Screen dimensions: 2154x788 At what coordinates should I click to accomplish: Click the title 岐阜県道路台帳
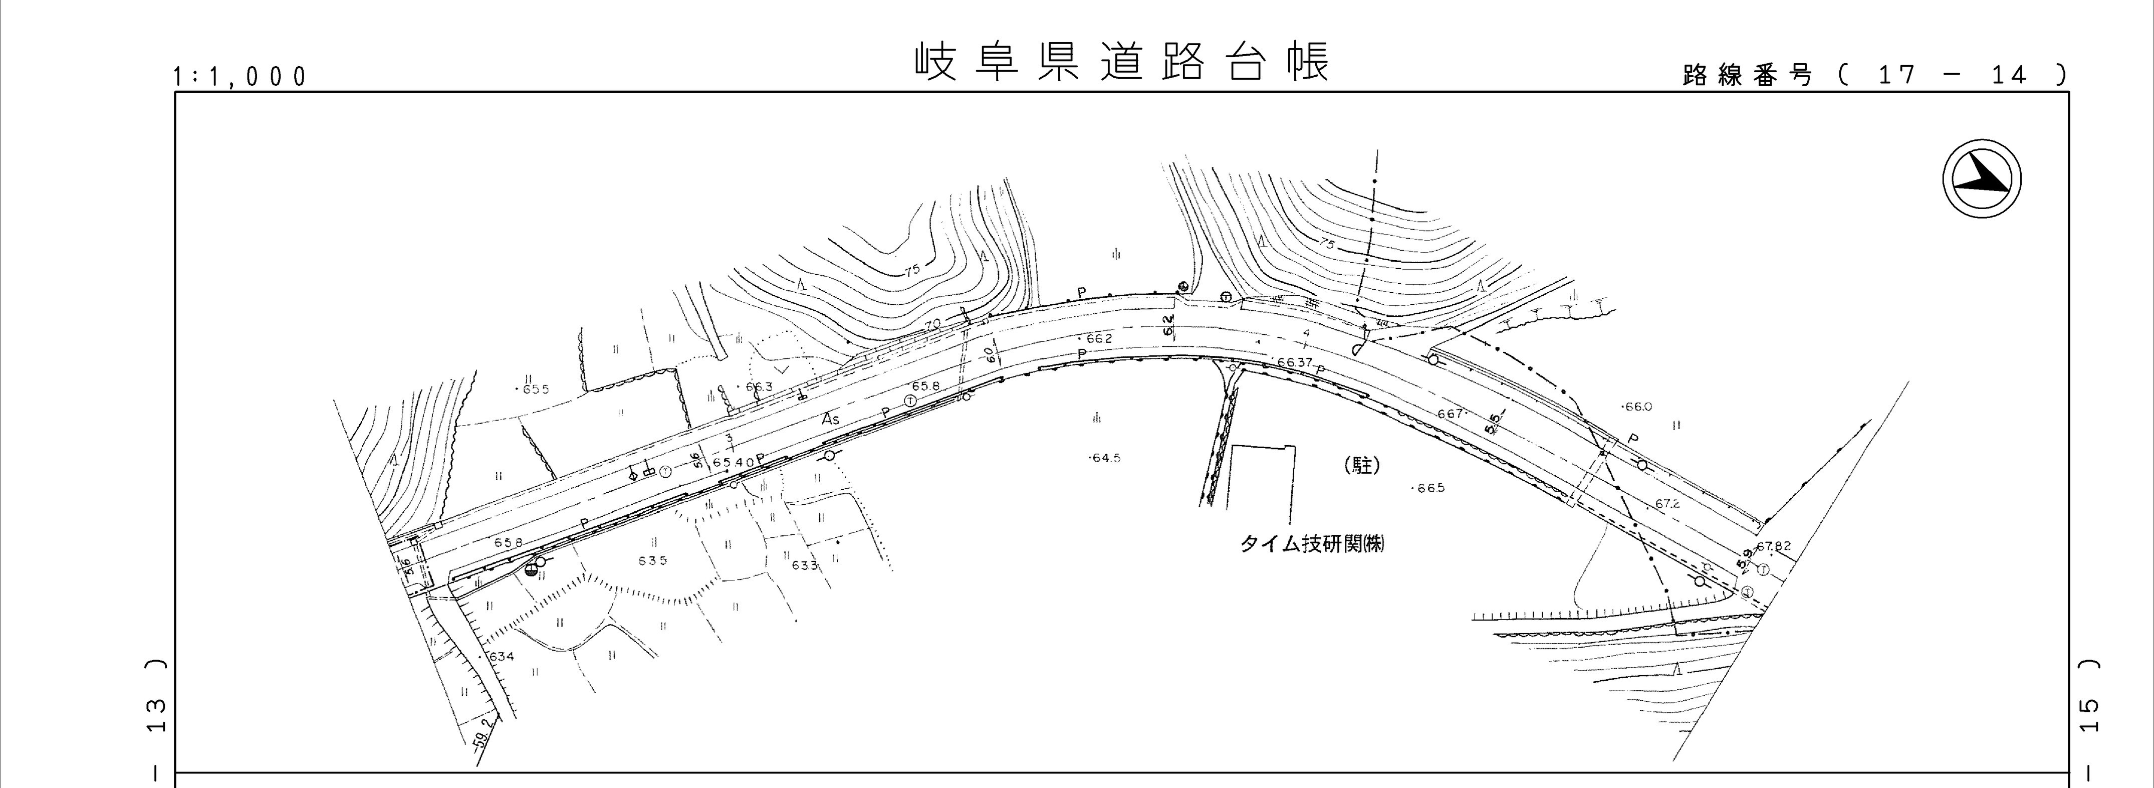(x=1120, y=62)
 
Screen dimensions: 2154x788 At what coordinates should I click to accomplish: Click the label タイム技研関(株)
(x=1311, y=544)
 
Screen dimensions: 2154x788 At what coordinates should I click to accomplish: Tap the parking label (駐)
(x=1361, y=465)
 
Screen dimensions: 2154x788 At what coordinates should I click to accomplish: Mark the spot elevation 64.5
(x=1105, y=458)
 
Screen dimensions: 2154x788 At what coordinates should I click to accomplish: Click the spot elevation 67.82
(x=1773, y=546)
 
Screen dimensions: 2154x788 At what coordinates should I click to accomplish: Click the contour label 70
(x=933, y=324)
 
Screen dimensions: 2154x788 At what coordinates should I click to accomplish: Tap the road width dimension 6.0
(x=990, y=354)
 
